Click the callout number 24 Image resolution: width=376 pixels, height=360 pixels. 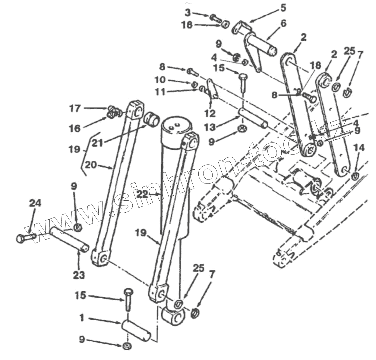35,203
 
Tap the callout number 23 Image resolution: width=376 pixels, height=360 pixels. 79,275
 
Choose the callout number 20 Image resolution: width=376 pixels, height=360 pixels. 91,165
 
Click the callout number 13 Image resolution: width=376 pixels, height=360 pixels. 210,127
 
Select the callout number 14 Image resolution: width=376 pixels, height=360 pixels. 359,148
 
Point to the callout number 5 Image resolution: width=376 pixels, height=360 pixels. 283,8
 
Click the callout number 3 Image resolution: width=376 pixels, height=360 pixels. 188,12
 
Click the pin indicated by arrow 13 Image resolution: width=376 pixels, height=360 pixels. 253,119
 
